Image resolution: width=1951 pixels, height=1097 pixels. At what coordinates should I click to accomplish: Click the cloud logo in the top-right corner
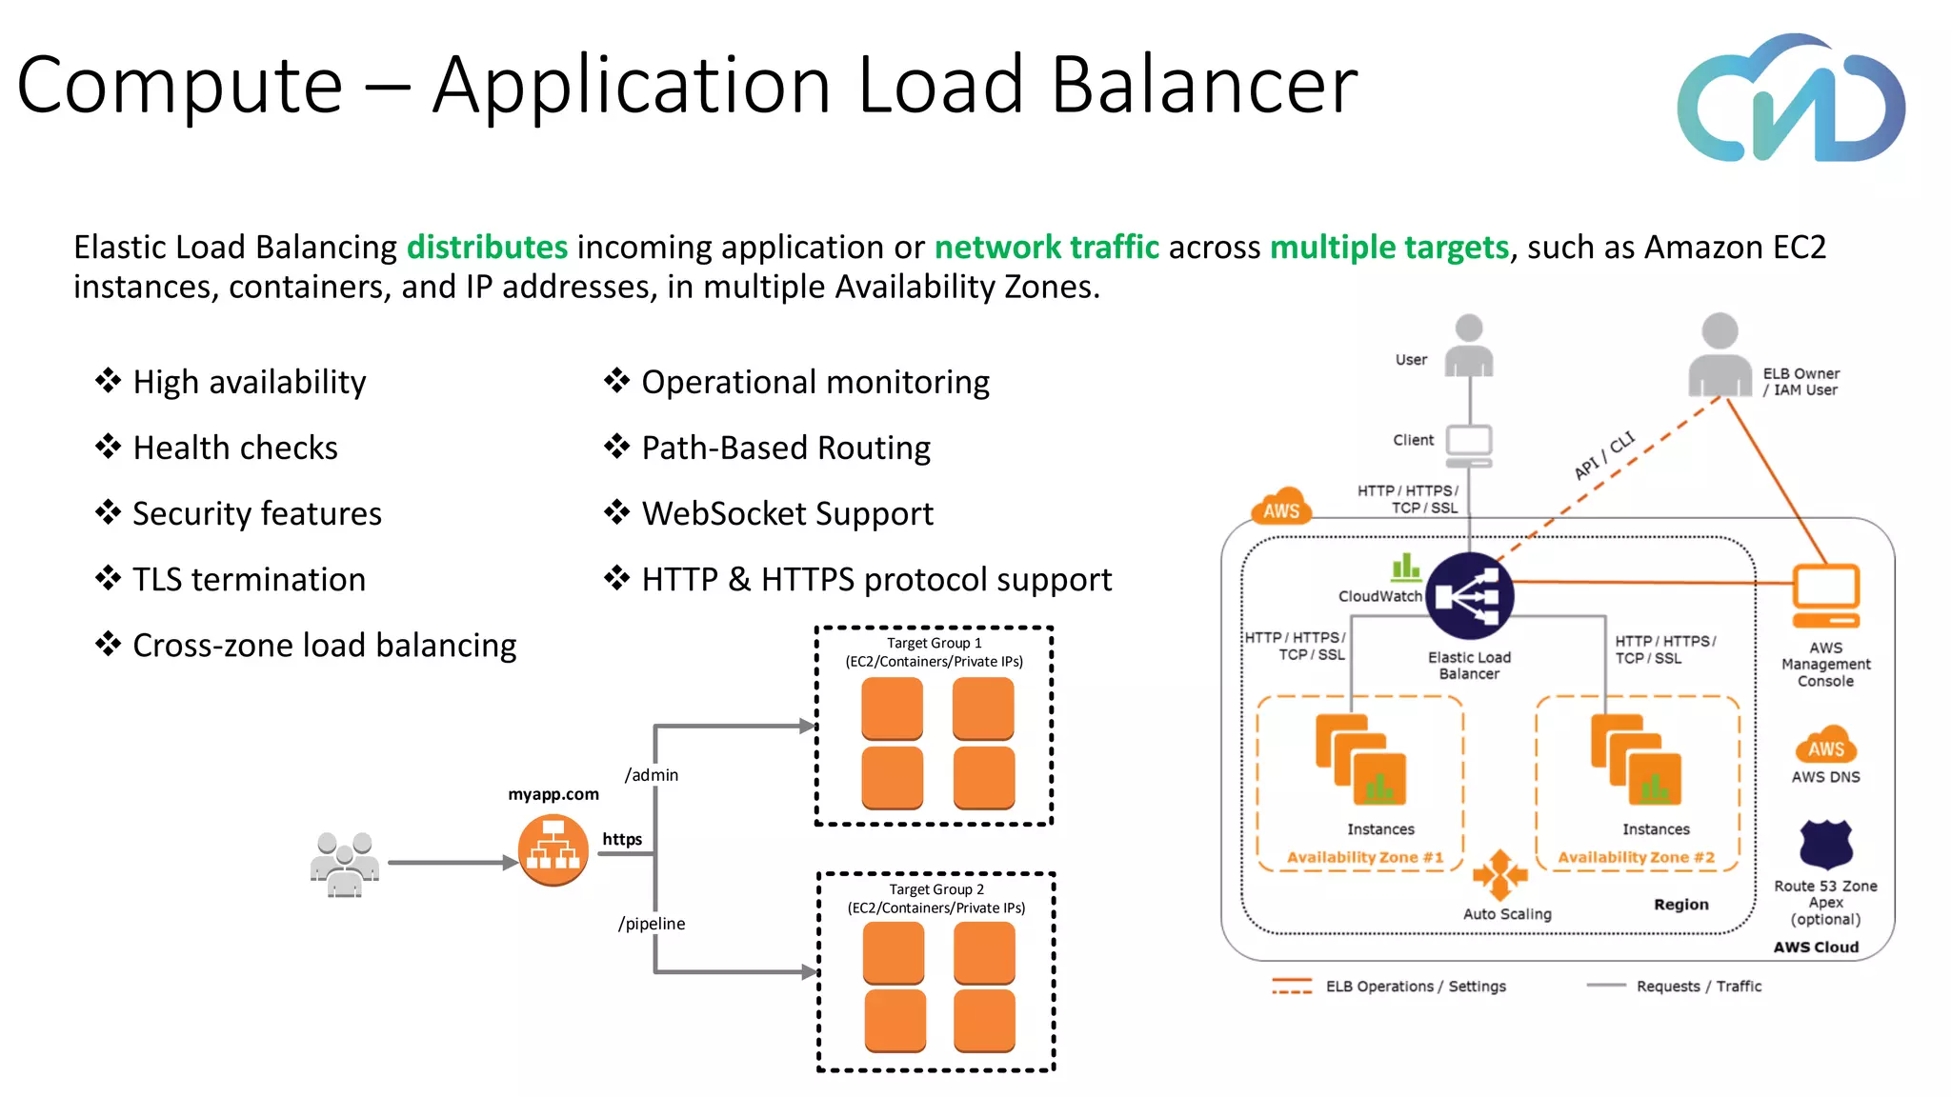click(1791, 99)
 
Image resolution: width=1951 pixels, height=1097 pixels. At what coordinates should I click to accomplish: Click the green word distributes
click(487, 248)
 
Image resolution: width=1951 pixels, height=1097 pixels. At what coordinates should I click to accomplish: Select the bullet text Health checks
click(235, 448)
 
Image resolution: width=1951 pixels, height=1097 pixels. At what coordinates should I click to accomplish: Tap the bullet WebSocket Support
click(787, 513)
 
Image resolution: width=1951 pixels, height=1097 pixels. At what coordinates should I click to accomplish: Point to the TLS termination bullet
click(249, 579)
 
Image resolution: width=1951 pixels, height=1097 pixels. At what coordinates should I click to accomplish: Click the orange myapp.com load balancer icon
click(553, 850)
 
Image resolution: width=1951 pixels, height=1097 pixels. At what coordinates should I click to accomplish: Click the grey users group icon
click(345, 864)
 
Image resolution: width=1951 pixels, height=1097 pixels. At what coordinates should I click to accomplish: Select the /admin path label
click(652, 775)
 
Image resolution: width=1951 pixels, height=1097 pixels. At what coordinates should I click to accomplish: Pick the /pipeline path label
click(652, 924)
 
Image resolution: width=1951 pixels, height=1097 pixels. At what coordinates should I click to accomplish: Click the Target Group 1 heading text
click(934, 643)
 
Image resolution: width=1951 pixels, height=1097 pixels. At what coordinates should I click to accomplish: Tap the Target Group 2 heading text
click(936, 889)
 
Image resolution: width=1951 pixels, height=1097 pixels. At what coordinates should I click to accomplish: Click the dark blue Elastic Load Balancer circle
click(1470, 596)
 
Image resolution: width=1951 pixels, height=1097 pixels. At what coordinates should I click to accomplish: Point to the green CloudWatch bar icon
click(1405, 568)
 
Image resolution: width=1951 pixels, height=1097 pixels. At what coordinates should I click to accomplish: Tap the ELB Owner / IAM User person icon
click(1720, 356)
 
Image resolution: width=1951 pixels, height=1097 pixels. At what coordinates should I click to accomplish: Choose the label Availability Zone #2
click(1636, 857)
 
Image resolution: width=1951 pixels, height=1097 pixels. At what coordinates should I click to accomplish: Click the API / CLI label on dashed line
click(1604, 455)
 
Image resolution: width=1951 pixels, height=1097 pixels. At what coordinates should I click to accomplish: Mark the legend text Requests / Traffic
click(1699, 987)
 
